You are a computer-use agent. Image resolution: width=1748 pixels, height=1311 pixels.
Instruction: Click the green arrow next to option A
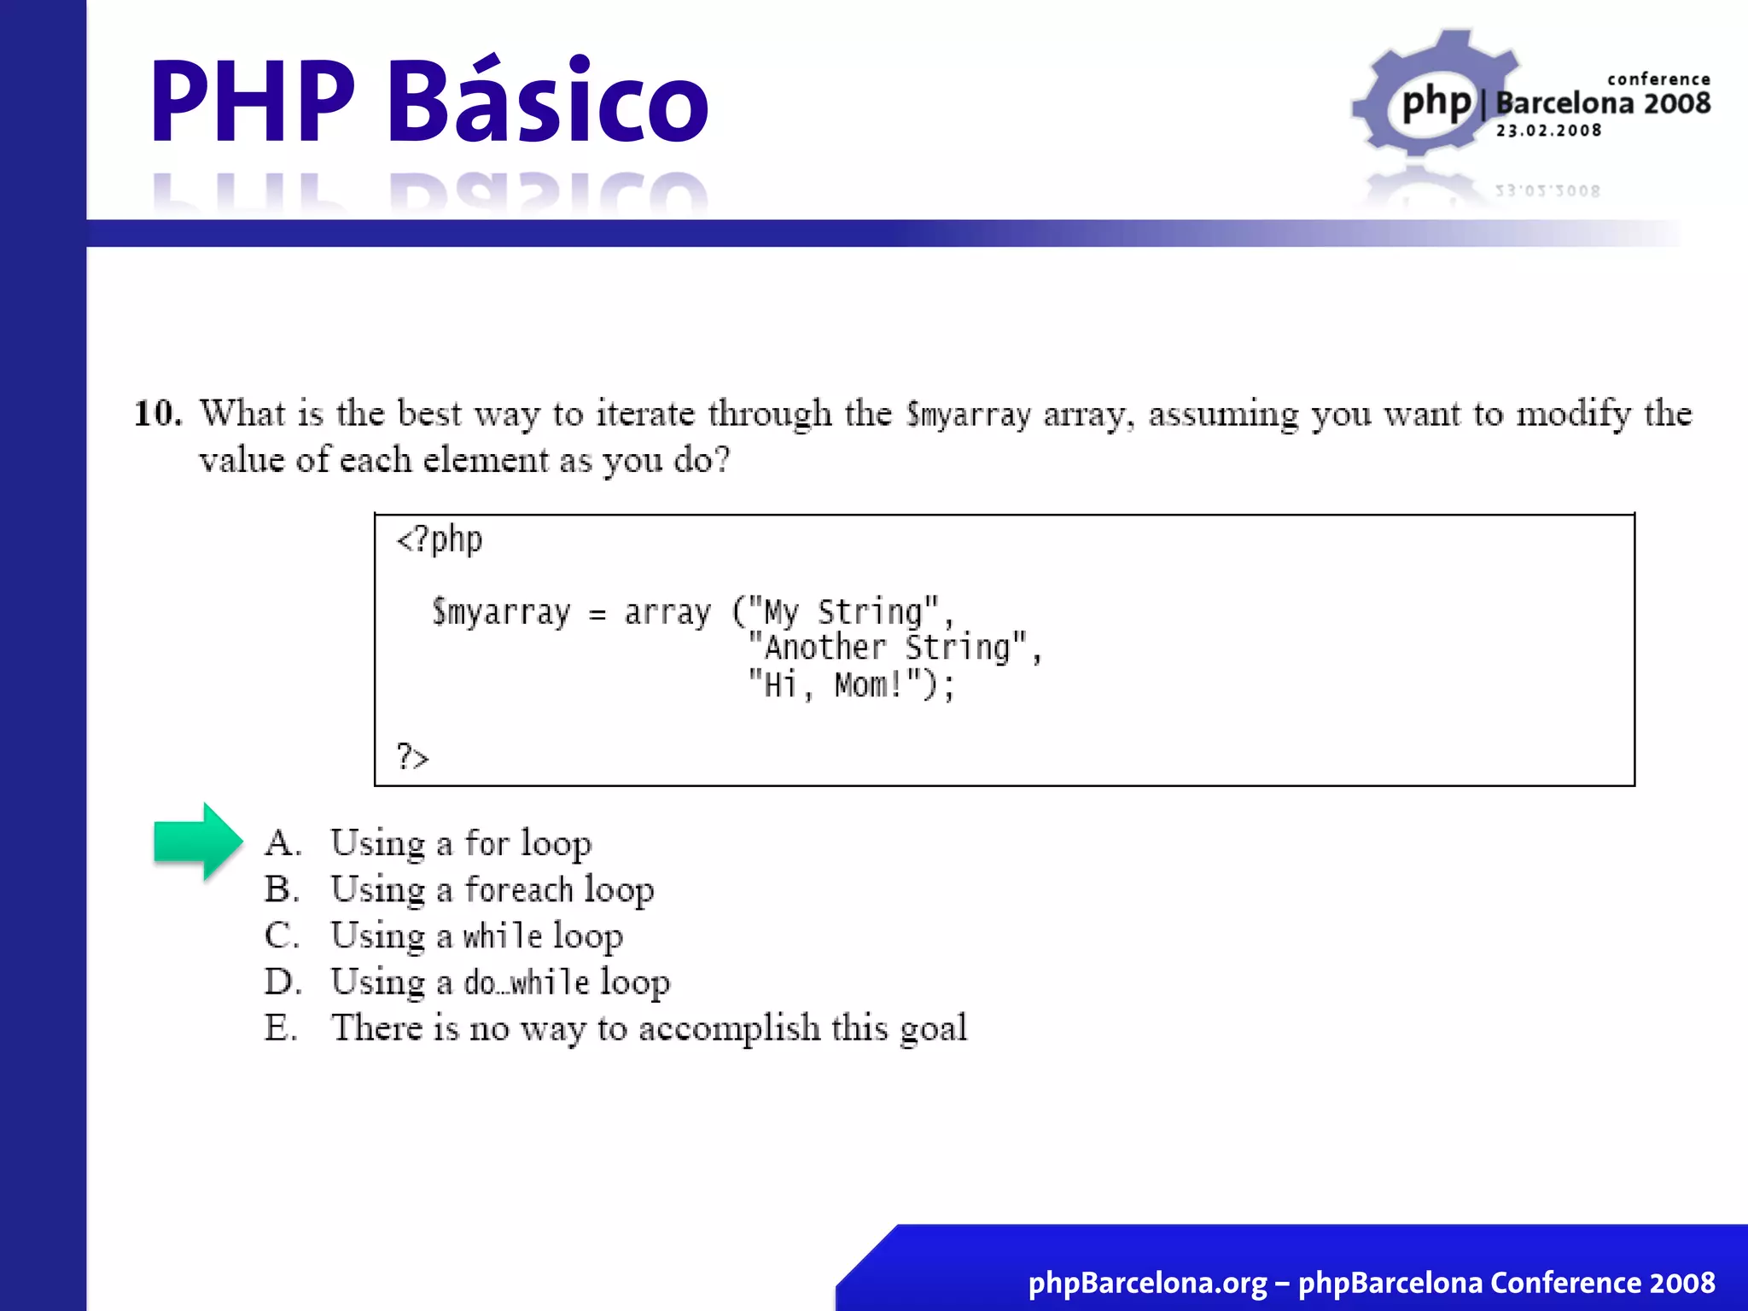[196, 842]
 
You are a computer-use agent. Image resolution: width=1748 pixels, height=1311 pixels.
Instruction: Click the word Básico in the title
[548, 101]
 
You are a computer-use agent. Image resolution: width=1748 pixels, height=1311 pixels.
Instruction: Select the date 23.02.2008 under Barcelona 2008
[1548, 131]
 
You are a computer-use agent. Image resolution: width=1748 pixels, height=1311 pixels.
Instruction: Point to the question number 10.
[157, 414]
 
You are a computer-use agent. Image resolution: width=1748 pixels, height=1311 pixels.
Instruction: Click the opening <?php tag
[440, 539]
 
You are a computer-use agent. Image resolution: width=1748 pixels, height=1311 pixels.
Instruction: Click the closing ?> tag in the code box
[412, 757]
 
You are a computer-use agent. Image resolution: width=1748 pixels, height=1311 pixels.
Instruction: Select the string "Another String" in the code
[888, 648]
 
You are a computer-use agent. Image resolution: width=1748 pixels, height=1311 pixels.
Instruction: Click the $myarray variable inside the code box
[501, 613]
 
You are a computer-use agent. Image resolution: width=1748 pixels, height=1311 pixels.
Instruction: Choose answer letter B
[281, 889]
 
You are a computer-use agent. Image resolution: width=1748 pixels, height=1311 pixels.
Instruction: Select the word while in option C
[502, 936]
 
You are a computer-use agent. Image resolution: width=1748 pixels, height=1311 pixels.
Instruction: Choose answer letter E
[280, 1028]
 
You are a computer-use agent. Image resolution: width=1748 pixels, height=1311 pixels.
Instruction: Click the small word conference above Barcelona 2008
[1658, 79]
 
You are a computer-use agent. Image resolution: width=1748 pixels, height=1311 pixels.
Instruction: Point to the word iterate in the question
[644, 414]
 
